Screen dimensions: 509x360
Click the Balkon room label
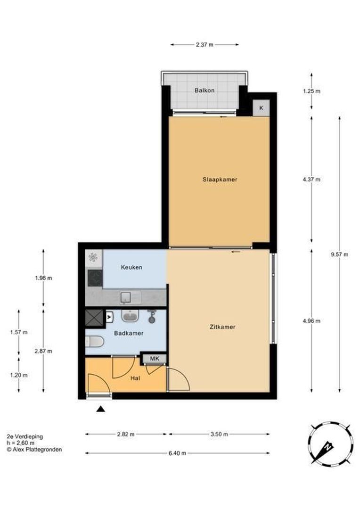point(205,90)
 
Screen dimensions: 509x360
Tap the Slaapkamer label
point(220,180)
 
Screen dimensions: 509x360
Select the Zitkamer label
point(223,327)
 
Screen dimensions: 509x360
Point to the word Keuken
point(131,267)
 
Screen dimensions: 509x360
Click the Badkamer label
point(129,333)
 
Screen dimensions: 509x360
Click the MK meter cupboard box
point(155,359)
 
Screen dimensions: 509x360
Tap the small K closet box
point(261,108)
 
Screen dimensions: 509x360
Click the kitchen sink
point(128,296)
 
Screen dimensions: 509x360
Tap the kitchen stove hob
point(94,278)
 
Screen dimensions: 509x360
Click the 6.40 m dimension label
point(177,453)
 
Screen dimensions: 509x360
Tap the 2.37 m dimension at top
point(205,45)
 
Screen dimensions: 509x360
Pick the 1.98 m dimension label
point(43,278)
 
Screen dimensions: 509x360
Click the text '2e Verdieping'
point(25,436)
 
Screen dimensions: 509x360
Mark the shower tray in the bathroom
point(93,319)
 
